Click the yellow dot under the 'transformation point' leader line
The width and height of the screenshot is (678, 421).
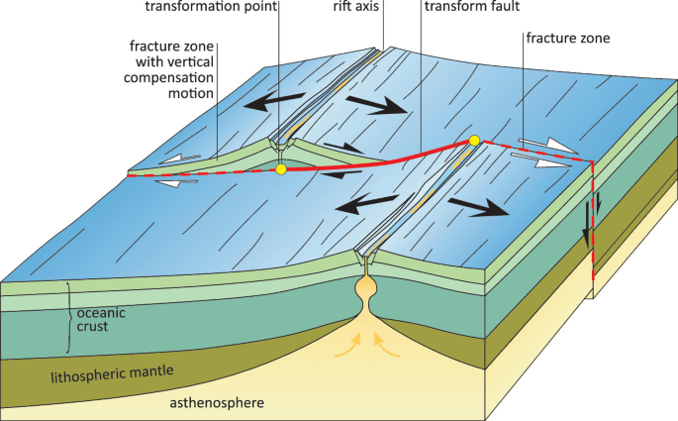281,170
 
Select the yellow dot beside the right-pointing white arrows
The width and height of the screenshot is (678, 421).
475,141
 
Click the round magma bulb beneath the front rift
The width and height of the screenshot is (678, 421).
367,294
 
